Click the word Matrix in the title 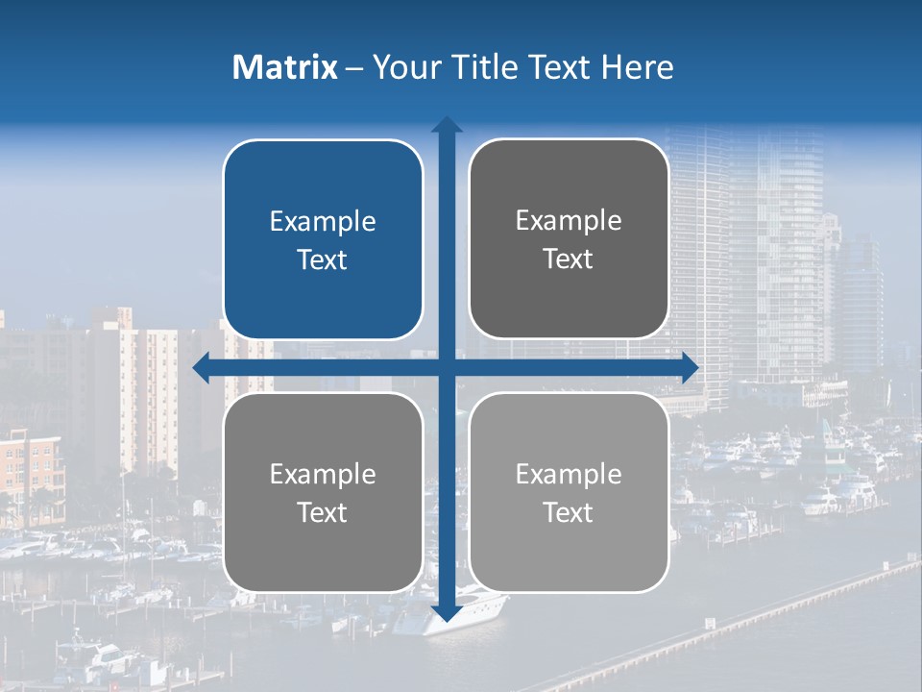click(285, 67)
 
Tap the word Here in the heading click(637, 67)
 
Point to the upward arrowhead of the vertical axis click(447, 125)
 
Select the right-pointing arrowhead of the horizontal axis click(690, 367)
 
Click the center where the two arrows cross click(447, 367)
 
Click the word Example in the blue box click(323, 222)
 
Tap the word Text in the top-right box click(569, 259)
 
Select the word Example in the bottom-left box click(323, 474)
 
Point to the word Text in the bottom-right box click(569, 512)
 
